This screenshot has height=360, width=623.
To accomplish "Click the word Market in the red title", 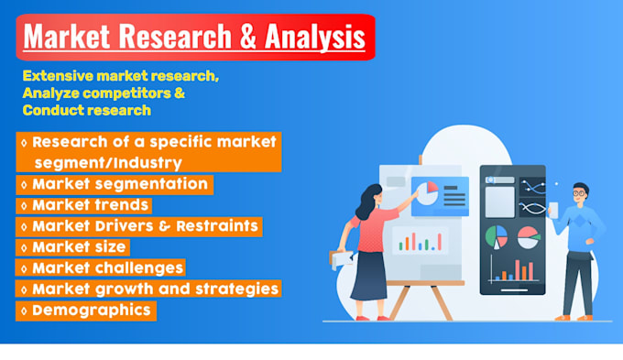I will (x=70, y=38).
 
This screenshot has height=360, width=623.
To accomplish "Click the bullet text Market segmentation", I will (x=122, y=184).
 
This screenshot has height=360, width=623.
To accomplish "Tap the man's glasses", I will (x=578, y=193).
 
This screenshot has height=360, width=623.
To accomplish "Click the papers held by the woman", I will (x=341, y=258).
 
